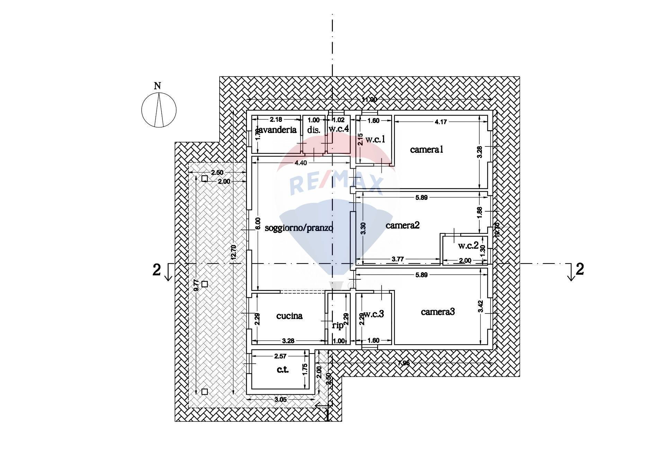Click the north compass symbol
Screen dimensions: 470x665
(x=159, y=110)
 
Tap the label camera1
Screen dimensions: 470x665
(x=426, y=150)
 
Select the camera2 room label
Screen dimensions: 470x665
(x=402, y=225)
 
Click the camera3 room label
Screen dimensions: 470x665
(x=438, y=312)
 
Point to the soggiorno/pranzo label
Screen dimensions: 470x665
(x=299, y=228)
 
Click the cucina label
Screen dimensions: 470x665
(x=290, y=316)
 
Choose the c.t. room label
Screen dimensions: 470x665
(x=283, y=370)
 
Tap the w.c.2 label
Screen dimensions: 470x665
(x=468, y=246)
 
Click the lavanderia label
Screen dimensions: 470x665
(x=276, y=130)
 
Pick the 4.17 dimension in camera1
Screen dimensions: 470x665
(x=441, y=122)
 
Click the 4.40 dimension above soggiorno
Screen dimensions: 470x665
(x=300, y=163)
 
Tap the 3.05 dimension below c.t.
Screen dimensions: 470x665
(x=280, y=400)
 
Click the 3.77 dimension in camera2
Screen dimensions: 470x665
(x=397, y=259)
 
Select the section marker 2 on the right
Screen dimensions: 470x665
(x=579, y=269)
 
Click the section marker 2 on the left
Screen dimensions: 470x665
(x=157, y=270)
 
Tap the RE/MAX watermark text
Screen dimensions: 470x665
(x=336, y=184)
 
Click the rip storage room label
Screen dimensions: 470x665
(x=338, y=326)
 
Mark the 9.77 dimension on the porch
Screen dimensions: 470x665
(x=196, y=285)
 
